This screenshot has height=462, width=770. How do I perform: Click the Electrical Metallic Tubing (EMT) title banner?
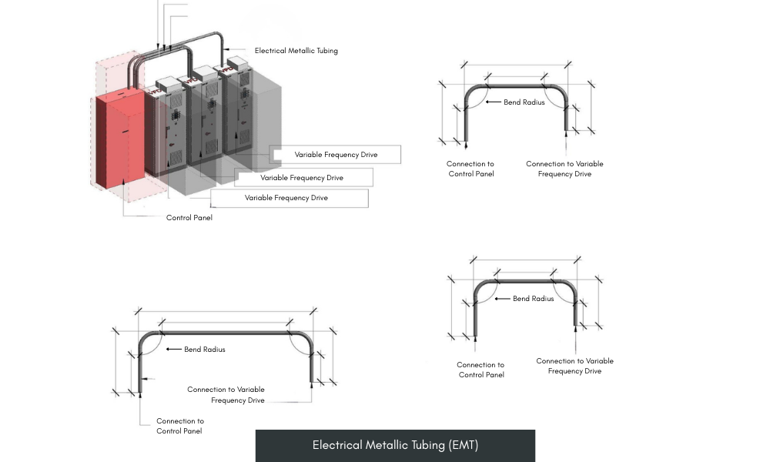point(395,445)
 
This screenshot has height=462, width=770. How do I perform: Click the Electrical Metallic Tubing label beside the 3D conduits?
point(296,51)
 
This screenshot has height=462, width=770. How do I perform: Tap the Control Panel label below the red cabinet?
point(189,218)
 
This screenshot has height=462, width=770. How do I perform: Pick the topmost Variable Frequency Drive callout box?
point(336,155)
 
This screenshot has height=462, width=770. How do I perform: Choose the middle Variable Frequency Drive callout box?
point(302,178)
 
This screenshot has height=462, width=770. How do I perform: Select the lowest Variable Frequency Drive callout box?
point(286,198)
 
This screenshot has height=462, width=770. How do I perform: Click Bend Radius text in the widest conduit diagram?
point(204,350)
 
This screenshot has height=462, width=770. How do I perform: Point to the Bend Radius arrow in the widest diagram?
point(173,350)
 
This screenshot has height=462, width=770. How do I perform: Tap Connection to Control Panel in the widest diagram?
point(180,426)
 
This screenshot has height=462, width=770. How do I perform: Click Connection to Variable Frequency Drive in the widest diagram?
point(226,395)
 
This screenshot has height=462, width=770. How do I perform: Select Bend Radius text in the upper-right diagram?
point(524,102)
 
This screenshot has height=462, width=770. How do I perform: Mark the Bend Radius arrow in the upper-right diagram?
point(493,102)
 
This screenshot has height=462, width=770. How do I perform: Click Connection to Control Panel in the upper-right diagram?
point(470,169)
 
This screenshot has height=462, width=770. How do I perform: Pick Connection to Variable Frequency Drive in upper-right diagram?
point(564,169)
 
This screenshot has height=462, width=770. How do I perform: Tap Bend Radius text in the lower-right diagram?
point(533,299)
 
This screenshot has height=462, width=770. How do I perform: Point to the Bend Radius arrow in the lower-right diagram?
point(502,299)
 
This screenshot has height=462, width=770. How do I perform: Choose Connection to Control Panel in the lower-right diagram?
point(480,370)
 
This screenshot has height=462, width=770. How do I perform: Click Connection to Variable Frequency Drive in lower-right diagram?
point(574,366)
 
